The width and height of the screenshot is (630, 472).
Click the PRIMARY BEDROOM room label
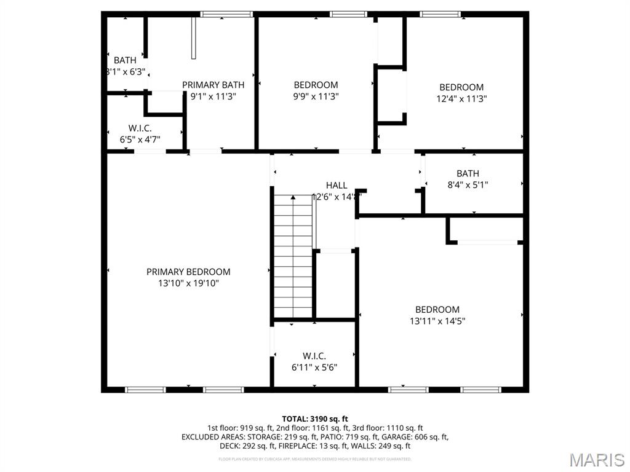point(188,272)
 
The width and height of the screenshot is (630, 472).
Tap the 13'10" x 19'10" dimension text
point(188,283)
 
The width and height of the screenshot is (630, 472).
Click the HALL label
point(337,185)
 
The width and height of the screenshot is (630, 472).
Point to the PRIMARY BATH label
point(213,85)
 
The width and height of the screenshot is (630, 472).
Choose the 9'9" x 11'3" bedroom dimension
point(316,96)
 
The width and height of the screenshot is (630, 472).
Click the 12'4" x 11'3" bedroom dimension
point(461,98)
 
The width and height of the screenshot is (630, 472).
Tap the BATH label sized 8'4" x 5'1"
point(468,173)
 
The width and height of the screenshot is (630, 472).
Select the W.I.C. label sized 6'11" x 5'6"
point(314,356)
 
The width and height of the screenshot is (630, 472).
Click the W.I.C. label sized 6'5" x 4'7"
point(140,128)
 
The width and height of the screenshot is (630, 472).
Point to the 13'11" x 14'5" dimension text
point(437,321)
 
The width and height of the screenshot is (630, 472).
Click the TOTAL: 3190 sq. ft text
point(315,419)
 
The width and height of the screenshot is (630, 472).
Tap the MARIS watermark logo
point(596,460)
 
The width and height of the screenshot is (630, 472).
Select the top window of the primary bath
point(226,14)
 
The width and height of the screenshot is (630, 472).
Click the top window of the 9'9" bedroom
point(348,14)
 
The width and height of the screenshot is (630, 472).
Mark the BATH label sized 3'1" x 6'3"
point(125,60)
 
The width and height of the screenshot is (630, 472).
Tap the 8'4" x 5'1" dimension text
point(468,184)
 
